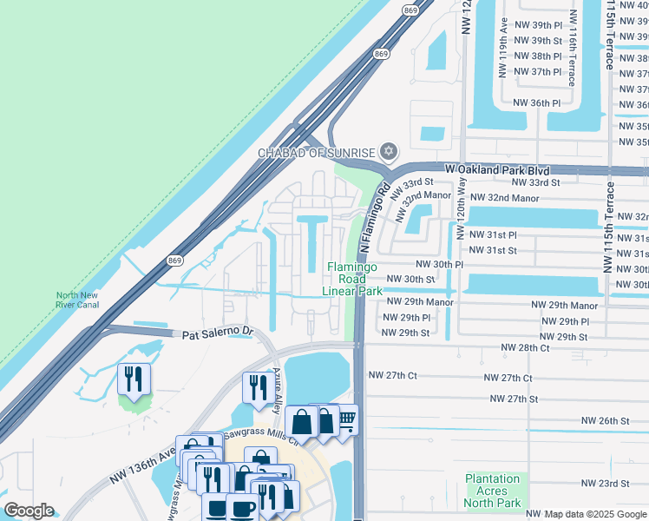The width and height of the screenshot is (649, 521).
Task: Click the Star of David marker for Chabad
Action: coord(389,153)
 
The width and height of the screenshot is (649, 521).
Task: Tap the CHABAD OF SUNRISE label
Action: coord(317,154)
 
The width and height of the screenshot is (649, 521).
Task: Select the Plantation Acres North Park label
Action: coord(493,490)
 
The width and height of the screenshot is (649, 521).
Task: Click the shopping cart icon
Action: coord(345,421)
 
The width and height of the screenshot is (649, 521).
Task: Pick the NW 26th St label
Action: coord(606,420)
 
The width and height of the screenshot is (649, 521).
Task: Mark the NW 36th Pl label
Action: coord(537,102)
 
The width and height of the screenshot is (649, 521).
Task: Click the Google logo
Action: coord(29,511)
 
